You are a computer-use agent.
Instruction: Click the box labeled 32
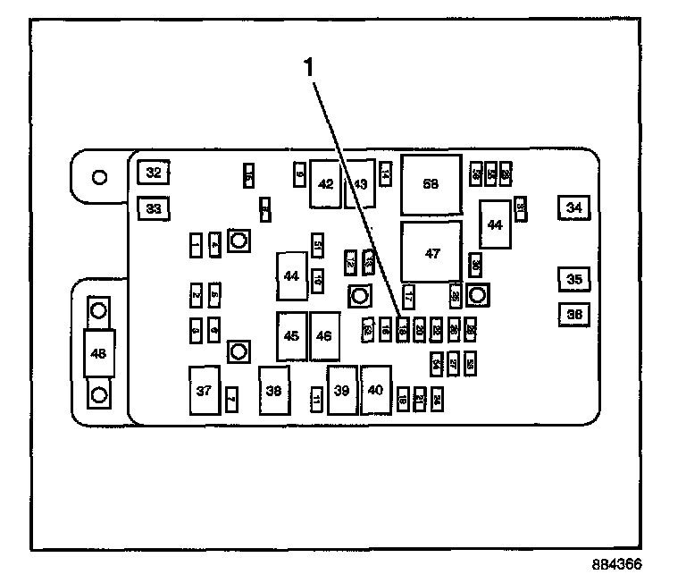[x=154, y=173]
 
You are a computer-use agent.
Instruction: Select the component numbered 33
[x=154, y=209]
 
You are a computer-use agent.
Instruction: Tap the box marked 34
[x=573, y=208]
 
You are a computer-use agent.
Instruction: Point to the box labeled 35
[x=573, y=280]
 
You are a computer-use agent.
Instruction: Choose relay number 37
[x=205, y=391]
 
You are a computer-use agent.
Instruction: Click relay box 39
[x=342, y=391]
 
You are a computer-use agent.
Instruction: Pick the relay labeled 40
[x=375, y=391]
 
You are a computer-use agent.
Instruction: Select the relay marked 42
[x=326, y=184]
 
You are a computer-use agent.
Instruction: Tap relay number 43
[x=359, y=184]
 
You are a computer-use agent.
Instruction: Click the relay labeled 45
[x=291, y=336]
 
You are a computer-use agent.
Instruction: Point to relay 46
[x=324, y=336]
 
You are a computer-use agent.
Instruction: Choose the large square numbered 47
[x=432, y=254]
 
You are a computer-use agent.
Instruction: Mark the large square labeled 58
[x=431, y=184]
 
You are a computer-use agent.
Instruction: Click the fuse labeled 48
[x=99, y=353]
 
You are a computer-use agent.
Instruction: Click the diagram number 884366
[x=615, y=565]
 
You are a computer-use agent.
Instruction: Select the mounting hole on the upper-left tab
[x=100, y=176]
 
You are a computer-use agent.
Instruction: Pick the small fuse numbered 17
[x=408, y=295]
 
